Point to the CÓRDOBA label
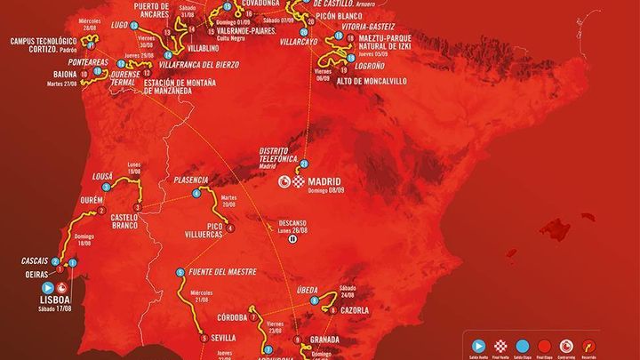(229, 317)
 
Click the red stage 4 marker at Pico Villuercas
(230, 229)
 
